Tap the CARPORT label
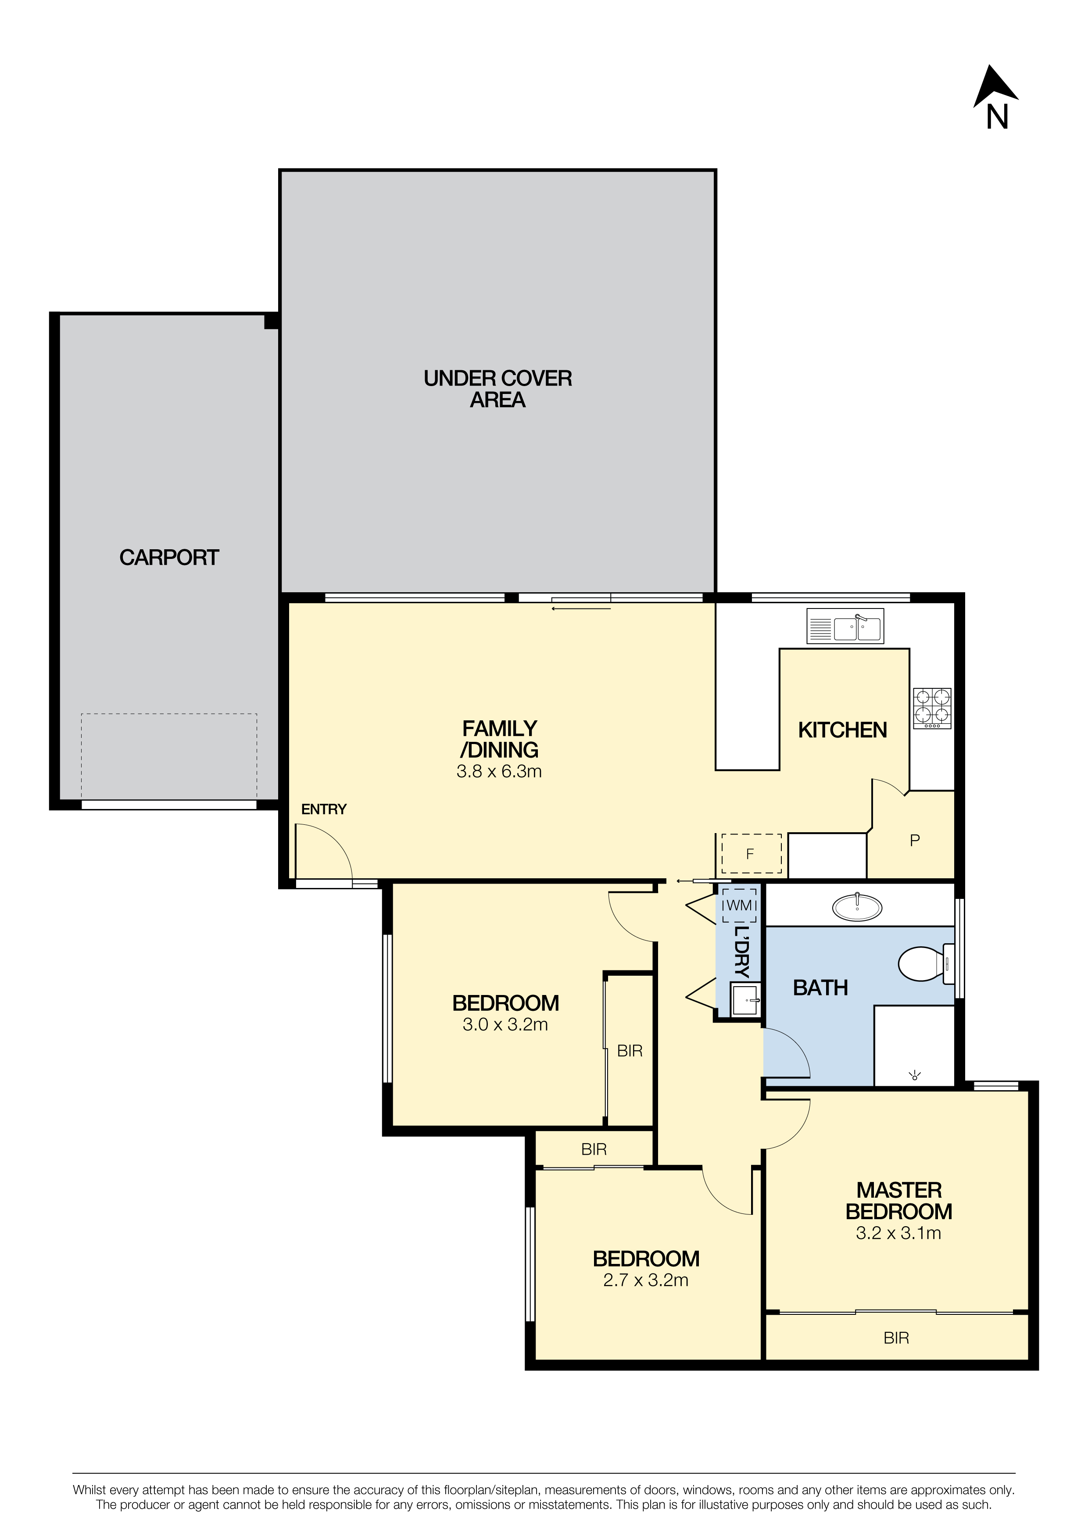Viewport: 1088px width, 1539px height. (x=169, y=558)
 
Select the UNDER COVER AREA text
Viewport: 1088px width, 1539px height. (x=497, y=389)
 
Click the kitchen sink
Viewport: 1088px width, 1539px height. (x=845, y=626)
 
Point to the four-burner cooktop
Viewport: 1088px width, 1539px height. (x=932, y=709)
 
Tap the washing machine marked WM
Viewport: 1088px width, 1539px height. (x=739, y=905)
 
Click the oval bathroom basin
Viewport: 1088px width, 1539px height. (x=857, y=908)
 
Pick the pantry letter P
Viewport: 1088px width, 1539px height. (x=915, y=841)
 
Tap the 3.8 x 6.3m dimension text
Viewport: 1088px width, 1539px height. (x=499, y=772)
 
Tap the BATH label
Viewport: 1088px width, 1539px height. (x=820, y=988)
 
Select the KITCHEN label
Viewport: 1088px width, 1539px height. (x=843, y=730)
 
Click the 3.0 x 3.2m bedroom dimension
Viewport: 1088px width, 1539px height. (x=505, y=1024)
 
